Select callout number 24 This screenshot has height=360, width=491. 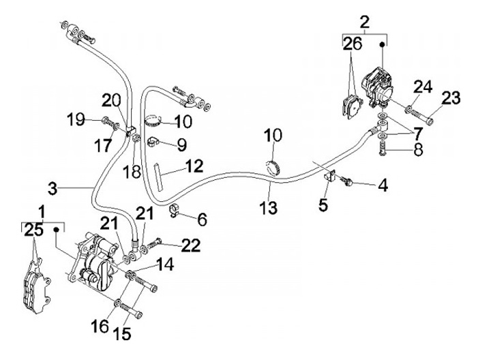point(423,87)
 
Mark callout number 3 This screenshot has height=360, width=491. point(57,186)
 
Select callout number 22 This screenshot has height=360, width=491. point(191,244)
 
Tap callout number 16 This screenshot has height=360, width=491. point(100,325)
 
